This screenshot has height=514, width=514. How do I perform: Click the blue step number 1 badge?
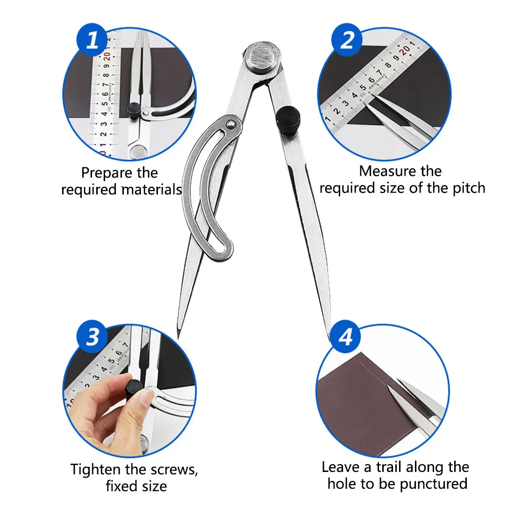coord(92,39)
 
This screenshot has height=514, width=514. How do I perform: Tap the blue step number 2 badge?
coord(347,39)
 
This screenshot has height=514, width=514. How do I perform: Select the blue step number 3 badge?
coord(92,336)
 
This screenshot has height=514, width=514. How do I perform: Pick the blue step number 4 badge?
coord(345,336)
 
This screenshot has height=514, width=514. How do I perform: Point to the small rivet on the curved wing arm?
coord(231,124)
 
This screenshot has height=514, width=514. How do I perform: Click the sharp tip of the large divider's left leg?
coord(178,338)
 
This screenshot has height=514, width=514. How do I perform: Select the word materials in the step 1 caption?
coord(152,190)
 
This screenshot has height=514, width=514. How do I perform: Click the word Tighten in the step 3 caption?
coord(95,470)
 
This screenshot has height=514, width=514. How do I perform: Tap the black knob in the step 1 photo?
coord(134,110)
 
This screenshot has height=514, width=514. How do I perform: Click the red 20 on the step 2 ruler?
coord(405,50)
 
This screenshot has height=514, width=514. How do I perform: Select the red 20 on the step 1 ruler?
coord(107,57)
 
